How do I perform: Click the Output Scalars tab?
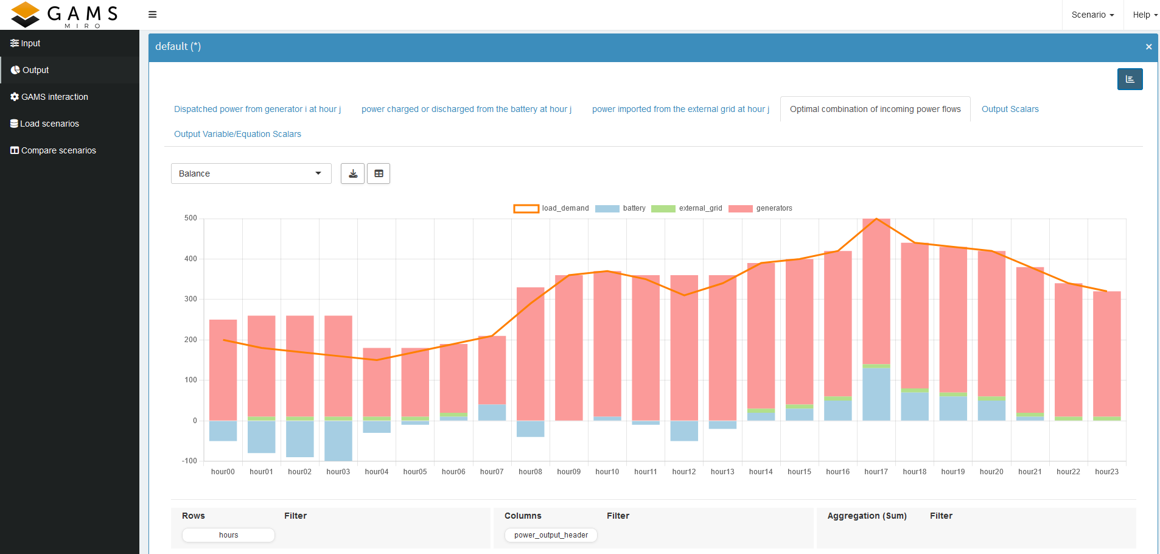coord(1010,109)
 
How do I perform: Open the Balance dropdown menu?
coord(251,174)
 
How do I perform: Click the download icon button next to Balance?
coord(353,174)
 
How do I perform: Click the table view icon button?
coord(379,174)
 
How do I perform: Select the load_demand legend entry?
coord(551,208)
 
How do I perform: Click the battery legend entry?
coord(620,208)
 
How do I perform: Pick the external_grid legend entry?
coord(687,208)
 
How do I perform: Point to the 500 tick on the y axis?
coord(190,218)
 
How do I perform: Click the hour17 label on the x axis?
coord(876,472)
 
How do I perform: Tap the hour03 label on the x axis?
coord(338,472)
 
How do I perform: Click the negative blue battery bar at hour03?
coord(338,441)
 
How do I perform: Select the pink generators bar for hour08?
coord(530,353)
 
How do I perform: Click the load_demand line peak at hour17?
coord(876,219)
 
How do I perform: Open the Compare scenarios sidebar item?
coord(58,150)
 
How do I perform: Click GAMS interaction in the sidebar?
coord(54,97)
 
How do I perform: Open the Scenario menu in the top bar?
coord(1092,15)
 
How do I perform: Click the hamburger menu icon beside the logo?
coord(153,15)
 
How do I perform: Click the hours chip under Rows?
coord(228,535)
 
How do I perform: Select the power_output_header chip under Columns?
coord(551,535)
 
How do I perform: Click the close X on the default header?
coord(1148,47)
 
